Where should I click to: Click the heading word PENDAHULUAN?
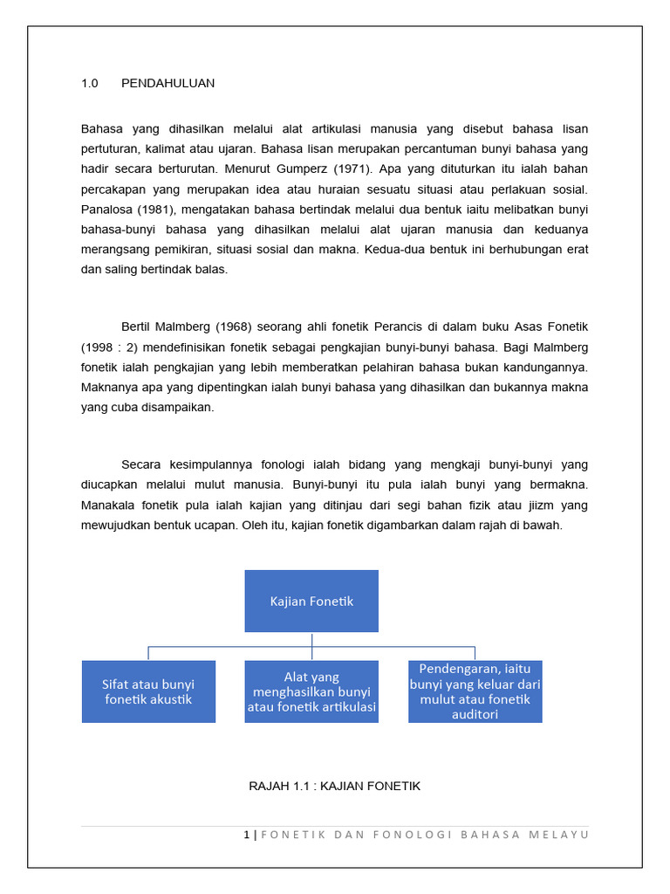(167, 84)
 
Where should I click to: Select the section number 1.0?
(90, 84)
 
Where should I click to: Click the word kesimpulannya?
(218, 464)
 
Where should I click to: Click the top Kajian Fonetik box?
(311, 601)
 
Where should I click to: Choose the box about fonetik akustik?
(148, 691)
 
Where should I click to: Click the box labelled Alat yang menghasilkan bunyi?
(311, 691)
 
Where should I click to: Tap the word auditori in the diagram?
(475, 714)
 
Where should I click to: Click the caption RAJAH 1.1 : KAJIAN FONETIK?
(335, 787)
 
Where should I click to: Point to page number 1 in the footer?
(247, 835)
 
